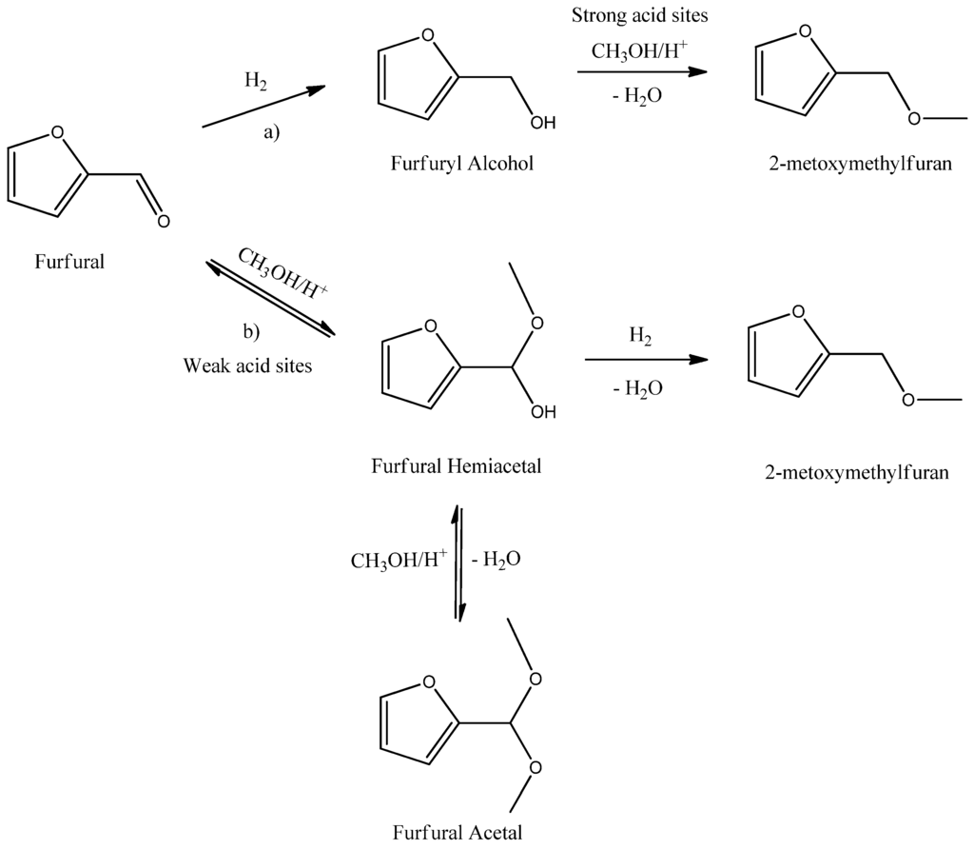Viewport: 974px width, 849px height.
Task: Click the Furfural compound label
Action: pos(69,261)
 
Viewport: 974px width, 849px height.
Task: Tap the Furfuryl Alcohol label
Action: pos(462,163)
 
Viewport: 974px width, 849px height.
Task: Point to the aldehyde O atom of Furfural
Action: pos(163,222)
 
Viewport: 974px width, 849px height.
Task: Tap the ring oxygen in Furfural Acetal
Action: pos(428,682)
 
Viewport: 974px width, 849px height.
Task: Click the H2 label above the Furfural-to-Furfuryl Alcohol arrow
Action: pos(255,82)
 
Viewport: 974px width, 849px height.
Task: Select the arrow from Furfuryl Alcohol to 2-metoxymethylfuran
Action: pos(643,71)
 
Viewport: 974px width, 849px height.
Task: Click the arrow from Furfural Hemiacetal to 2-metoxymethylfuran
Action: pos(647,359)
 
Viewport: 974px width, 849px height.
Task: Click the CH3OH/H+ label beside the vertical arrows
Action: pos(399,559)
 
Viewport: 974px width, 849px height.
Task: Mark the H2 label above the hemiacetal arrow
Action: pos(640,335)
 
